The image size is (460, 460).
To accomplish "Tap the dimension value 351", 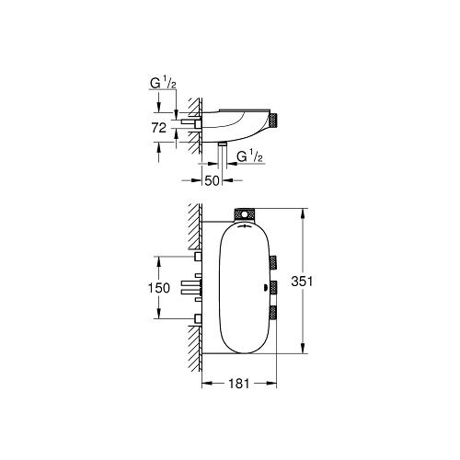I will tap(316, 282).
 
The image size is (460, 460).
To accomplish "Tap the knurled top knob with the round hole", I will tap(246, 213).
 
